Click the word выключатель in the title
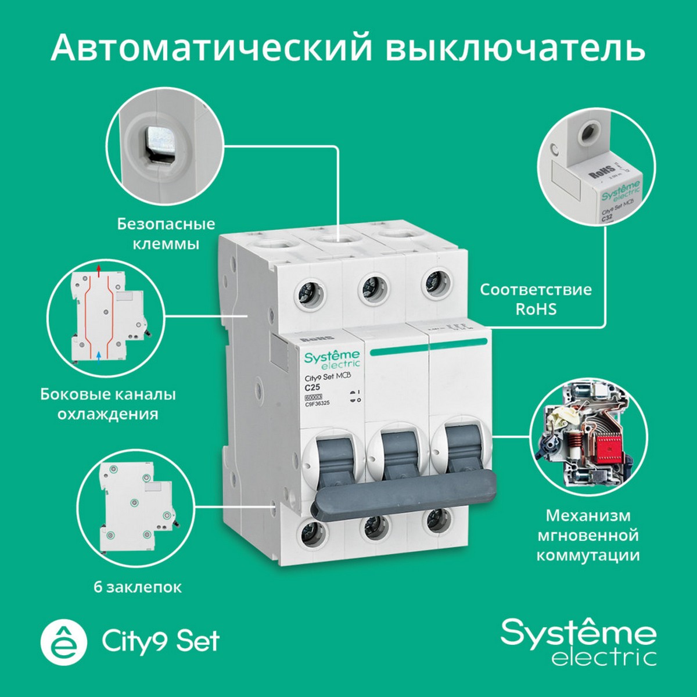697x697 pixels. coord(515,48)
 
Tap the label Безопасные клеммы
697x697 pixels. coord(166,233)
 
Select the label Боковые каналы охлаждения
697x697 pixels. coord(108,404)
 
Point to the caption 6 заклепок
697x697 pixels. coord(138,587)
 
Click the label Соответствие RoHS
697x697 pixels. coord(536,299)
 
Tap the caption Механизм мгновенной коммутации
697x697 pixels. coord(588,535)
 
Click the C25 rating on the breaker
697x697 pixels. coord(314,387)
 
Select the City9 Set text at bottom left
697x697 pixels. coord(160,641)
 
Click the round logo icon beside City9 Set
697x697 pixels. coord(63,641)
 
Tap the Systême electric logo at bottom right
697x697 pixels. coord(579,641)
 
